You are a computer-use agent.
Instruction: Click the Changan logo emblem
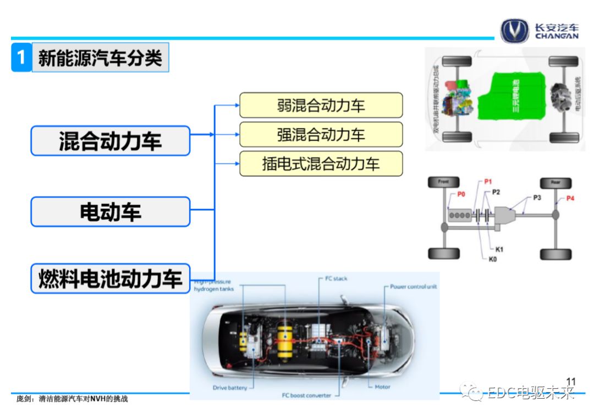pos(514,31)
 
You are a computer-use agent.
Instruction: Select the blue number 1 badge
pos(21,57)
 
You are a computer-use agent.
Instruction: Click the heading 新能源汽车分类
pos(100,57)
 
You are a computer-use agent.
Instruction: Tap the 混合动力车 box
pos(110,141)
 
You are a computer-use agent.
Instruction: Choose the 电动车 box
pos(110,212)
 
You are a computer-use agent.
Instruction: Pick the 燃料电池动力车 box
pos(110,278)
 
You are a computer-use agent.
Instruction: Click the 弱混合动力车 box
pos(321,105)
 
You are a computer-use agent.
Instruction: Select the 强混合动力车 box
pos(321,134)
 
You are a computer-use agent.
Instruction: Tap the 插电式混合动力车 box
pos(321,163)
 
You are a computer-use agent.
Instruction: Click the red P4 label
pos(570,198)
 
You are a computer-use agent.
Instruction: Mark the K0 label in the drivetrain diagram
pos(493,258)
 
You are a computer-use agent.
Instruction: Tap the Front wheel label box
pos(443,182)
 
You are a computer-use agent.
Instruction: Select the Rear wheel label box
pos(555,183)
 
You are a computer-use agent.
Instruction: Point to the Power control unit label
pos(413,286)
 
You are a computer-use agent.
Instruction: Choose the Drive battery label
pos(230,388)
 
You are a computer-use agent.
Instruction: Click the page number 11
pos(570,381)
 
